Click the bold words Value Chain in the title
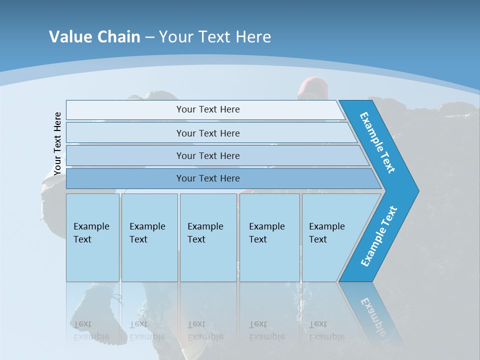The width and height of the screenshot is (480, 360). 94,37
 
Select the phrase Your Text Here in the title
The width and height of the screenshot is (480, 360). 215,37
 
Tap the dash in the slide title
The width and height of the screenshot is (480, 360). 149,37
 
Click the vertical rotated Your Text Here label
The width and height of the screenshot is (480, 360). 57,144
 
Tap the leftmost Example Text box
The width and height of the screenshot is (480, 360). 92,237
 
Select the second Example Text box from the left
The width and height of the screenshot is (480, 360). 149,237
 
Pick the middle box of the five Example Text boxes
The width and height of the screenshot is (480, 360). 208,237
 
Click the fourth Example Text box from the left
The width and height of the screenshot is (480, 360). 269,237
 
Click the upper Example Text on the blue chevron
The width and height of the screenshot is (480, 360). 377,142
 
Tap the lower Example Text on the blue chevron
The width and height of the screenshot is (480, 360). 379,236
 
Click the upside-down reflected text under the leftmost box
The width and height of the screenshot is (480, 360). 91,330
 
